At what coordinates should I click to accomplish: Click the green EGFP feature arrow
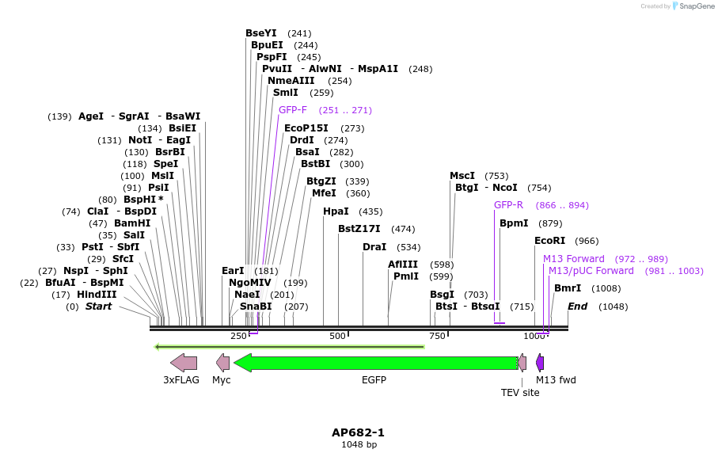[x=376, y=363]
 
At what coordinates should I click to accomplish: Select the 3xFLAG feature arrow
[x=184, y=363]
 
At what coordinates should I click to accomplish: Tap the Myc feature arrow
[x=223, y=363]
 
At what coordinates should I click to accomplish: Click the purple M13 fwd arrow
[x=540, y=363]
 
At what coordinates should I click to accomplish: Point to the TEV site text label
[x=520, y=392]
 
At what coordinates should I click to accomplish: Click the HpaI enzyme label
[x=336, y=211]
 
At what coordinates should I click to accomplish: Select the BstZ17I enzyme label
[x=359, y=229]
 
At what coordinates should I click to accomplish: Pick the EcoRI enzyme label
[x=549, y=241]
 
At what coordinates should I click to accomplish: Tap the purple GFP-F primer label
[x=293, y=110]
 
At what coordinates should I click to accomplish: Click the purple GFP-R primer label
[x=508, y=205]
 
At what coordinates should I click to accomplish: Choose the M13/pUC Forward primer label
[x=591, y=271]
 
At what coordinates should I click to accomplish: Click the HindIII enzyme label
[x=97, y=295]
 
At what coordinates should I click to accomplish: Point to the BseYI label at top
[x=261, y=33]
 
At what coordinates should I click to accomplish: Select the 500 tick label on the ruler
[x=338, y=336]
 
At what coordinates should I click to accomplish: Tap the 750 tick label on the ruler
[x=437, y=336]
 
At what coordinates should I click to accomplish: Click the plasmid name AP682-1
[x=358, y=432]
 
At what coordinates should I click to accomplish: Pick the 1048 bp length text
[x=359, y=445]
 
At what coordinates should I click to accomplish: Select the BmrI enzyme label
[x=567, y=288]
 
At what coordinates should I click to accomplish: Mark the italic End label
[x=577, y=307]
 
